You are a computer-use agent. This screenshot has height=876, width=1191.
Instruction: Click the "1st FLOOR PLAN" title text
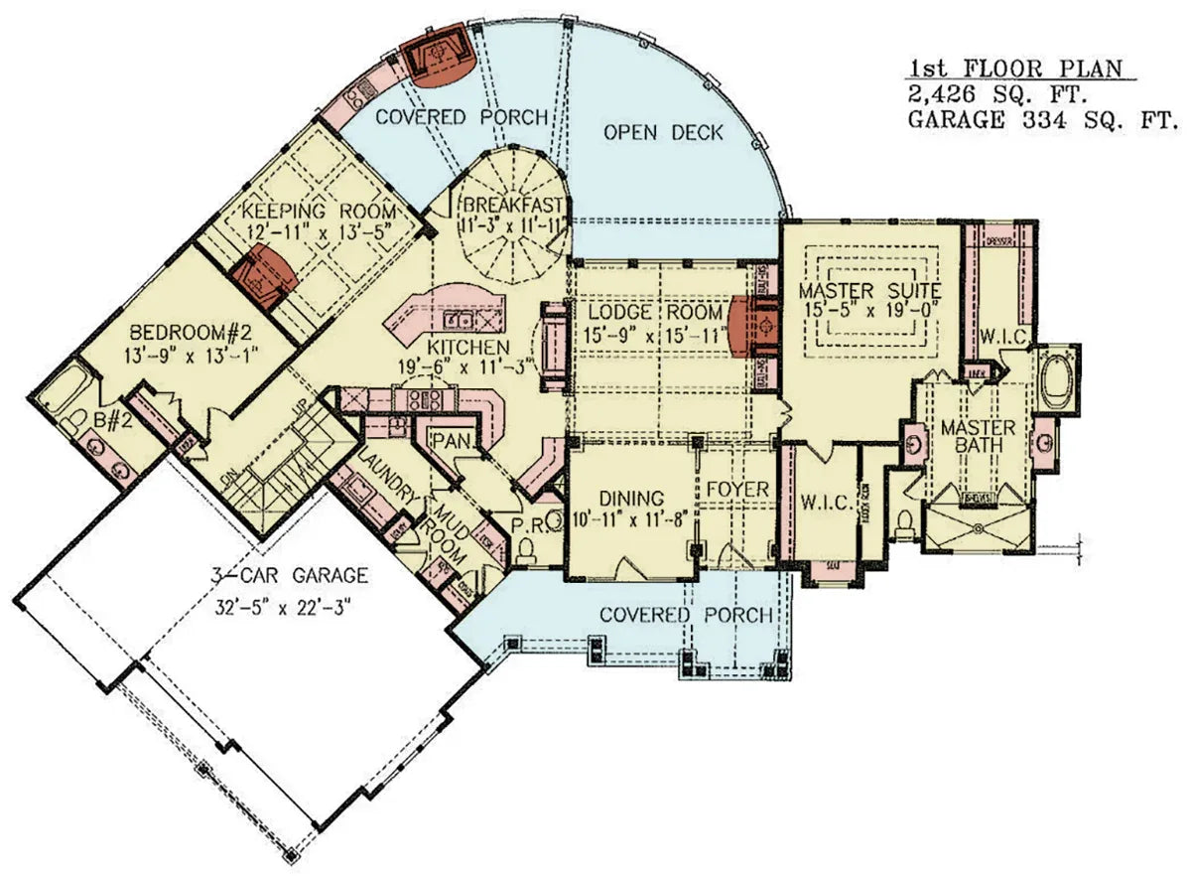(1015, 69)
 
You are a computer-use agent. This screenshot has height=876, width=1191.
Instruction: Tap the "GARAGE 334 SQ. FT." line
(1042, 119)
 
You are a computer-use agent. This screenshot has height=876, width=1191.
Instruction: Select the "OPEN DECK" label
(663, 132)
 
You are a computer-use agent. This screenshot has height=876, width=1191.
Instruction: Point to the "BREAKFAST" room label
(512, 205)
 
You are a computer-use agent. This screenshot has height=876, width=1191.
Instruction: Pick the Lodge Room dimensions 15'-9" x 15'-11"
(651, 335)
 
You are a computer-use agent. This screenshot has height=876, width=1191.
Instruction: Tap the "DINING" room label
(631, 498)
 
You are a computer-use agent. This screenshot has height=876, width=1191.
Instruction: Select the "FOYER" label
(737, 490)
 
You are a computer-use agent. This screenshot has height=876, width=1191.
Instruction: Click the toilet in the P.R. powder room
(527, 549)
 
